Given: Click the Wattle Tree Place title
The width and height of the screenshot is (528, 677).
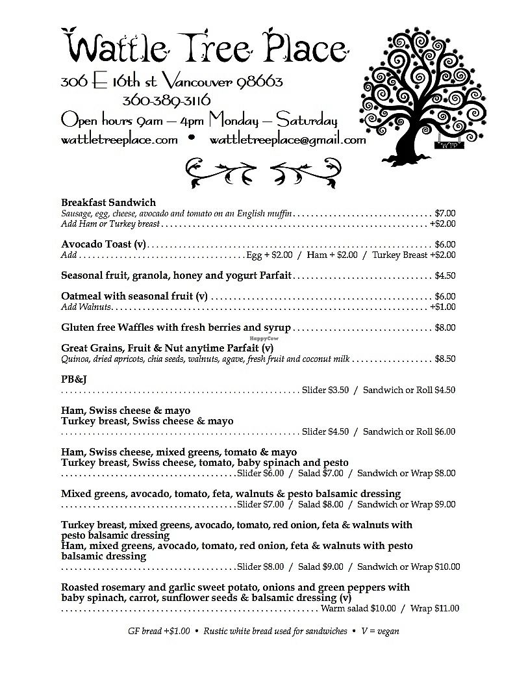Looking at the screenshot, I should [205, 47].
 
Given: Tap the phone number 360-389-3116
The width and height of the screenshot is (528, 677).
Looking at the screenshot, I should [166, 101].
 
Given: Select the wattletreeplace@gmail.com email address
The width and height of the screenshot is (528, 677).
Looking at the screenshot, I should [288, 140].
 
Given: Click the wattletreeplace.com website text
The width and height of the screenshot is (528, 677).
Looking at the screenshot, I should [119, 140].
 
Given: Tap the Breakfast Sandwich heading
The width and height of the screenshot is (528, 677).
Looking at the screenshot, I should [108, 203].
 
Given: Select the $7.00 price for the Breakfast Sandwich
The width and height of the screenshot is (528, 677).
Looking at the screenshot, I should [445, 213].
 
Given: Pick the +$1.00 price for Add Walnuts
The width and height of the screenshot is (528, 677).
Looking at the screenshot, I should [442, 307].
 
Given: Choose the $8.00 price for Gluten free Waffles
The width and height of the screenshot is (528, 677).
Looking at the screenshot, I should [445, 327].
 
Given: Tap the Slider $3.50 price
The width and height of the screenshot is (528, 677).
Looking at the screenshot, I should [325, 390].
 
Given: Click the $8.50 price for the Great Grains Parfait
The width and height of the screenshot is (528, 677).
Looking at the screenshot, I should [445, 359].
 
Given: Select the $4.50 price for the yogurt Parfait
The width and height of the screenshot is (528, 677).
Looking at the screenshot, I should [445, 275].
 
